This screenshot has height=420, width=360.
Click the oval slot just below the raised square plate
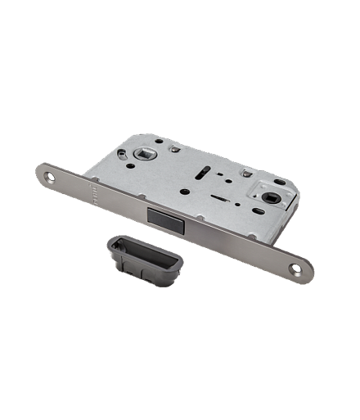(259, 210)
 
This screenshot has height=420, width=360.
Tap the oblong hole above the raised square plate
(279, 181)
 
